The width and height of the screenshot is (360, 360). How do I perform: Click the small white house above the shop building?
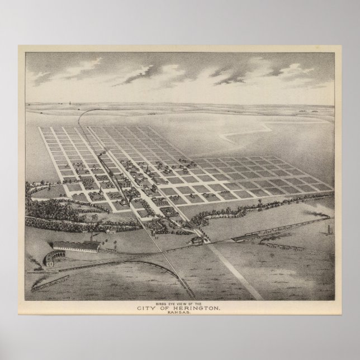pyautogui.click(x=112, y=231)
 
